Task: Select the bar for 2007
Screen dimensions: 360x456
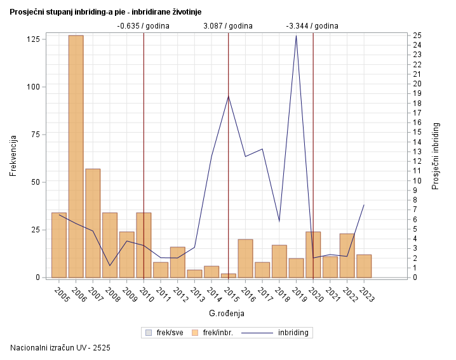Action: [x=93, y=223]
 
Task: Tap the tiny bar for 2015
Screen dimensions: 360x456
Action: [x=229, y=276]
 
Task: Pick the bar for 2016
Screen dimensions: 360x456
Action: [x=245, y=258]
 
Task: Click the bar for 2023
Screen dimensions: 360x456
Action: [x=364, y=266]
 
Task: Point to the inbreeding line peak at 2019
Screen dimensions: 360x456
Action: [x=296, y=36]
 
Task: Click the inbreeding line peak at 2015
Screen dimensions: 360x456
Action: [x=229, y=96]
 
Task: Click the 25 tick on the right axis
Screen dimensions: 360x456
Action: [x=417, y=35]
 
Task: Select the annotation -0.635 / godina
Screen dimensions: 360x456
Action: [x=144, y=26]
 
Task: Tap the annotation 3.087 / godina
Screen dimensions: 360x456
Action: [x=228, y=26]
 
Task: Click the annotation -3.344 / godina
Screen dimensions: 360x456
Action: [x=312, y=26]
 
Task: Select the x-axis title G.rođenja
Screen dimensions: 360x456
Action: [x=227, y=314]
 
